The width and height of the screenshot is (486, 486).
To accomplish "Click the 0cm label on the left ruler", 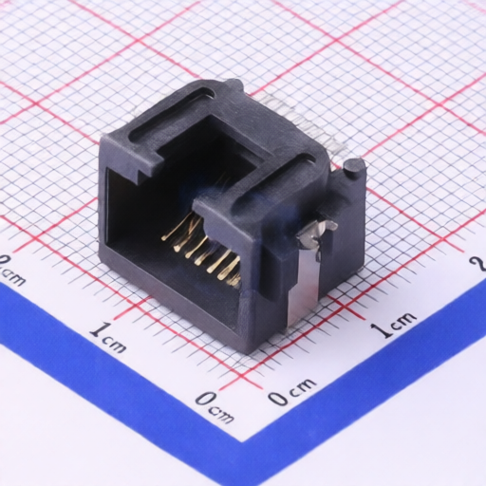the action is pyautogui.click(x=215, y=408).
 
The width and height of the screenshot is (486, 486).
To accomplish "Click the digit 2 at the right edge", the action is pyautogui.click(x=478, y=264).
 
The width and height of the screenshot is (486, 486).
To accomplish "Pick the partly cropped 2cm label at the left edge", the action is pyautogui.click(x=11, y=270).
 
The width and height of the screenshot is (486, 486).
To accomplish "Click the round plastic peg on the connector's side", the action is pyautogui.click(x=354, y=167).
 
